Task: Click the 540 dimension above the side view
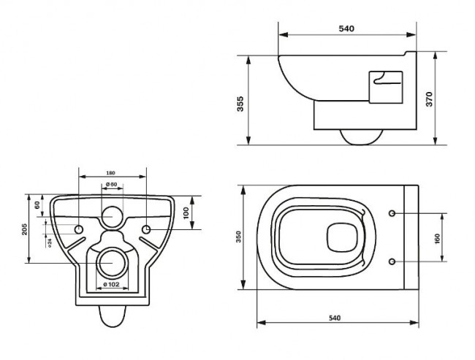pos(346,28)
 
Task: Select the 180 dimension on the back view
pos(111,173)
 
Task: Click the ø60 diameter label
pos(111,184)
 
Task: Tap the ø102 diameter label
pos(111,284)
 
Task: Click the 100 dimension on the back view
pos(186,212)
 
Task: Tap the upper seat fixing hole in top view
pos(393,213)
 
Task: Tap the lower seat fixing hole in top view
pos(393,261)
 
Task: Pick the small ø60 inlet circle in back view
pos(112,216)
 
